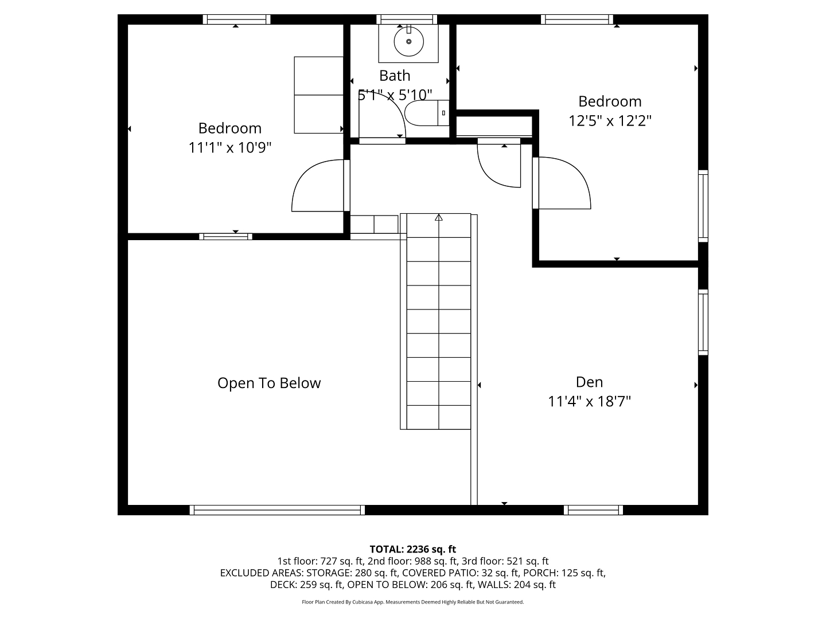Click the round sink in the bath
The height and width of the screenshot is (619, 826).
point(408,41)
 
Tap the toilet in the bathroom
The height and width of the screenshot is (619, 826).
point(426,113)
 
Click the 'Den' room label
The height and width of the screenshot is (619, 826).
point(589,382)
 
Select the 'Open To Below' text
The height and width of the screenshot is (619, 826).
point(269,383)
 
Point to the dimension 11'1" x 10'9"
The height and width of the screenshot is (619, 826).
point(229,147)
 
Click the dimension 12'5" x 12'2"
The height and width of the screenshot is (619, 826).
point(610,120)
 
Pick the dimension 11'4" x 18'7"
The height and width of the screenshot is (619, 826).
point(589,401)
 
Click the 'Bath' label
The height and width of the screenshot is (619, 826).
point(395,76)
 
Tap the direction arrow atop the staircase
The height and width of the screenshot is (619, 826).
point(438,217)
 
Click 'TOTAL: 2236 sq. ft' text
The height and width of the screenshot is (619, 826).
point(412,549)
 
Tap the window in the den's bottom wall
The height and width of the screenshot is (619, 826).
point(593,510)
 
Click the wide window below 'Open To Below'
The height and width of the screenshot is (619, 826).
point(277,510)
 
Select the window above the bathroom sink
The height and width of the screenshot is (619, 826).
point(407,19)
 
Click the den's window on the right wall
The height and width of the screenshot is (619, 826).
point(703,322)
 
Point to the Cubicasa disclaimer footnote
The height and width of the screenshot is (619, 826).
point(412,602)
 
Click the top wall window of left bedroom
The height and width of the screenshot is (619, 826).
point(236,19)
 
